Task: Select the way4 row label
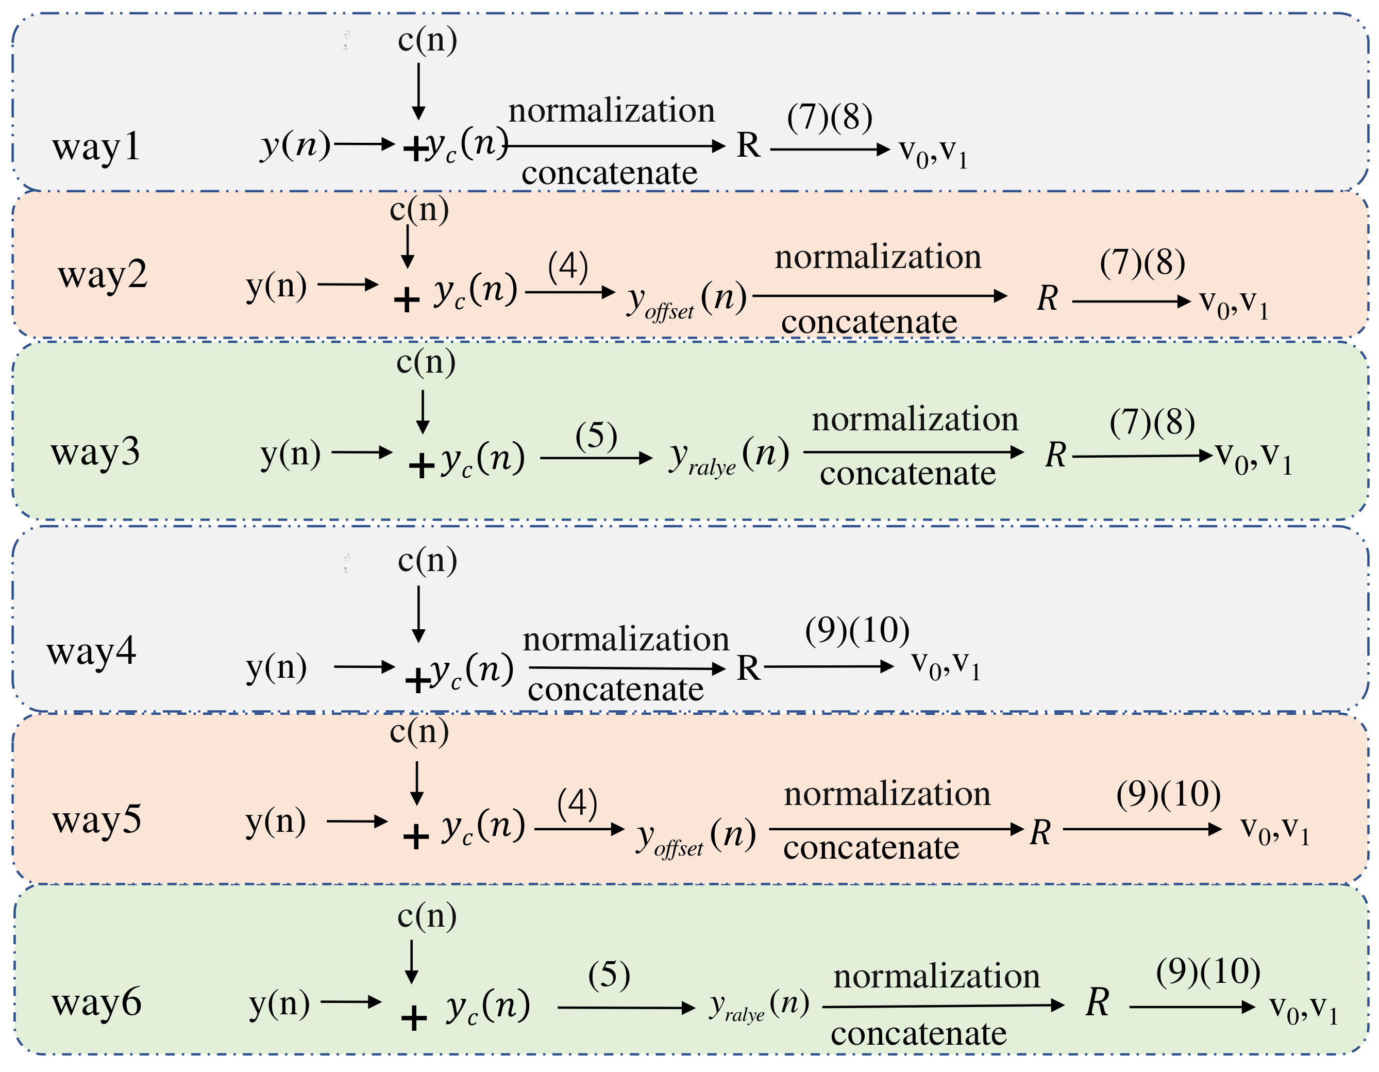point(92,651)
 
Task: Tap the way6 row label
point(96,1002)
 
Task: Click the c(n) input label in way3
point(426,363)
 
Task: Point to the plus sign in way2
point(407,299)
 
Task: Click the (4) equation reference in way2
point(568,266)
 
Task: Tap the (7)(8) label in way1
point(830,117)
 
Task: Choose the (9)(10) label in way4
point(857,630)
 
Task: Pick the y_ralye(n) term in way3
point(729,456)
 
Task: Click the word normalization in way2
point(878,257)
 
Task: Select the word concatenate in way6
point(918,1033)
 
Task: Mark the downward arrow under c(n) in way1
point(418,92)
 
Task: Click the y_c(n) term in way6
point(488,1006)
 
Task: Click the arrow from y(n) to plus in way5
point(357,822)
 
